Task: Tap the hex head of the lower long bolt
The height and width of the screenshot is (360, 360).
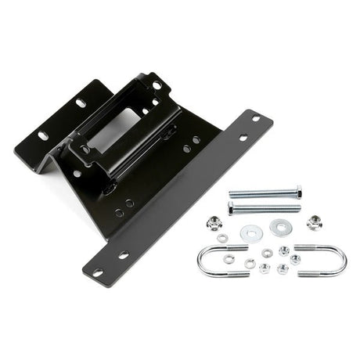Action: pos(232,208)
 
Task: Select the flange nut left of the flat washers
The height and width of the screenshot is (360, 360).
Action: pos(214,223)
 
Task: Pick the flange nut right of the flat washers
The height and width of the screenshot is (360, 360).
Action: pos(314,222)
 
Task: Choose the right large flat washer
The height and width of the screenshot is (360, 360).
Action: pos(279,228)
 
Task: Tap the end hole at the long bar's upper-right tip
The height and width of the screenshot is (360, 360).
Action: pos(255,119)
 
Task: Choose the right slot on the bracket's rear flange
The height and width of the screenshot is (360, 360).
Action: pos(81,103)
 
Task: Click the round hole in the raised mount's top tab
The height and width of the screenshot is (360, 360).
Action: pos(157,85)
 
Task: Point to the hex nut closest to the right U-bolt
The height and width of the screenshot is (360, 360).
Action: pos(295,259)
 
